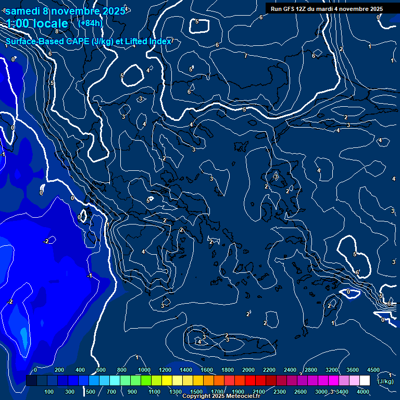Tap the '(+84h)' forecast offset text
click(x=90, y=23)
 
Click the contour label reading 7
click(x=246, y=55)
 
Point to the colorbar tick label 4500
click(x=373, y=370)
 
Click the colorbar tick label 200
click(x=59, y=370)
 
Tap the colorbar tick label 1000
click(x=144, y=370)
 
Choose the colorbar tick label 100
click(x=49, y=392)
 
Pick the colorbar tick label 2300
click(x=280, y=392)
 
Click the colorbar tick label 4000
click(x=364, y=392)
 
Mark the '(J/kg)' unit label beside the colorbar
click(x=386, y=381)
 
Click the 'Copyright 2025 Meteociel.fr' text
click(x=221, y=396)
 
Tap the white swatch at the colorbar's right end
click(x=365, y=381)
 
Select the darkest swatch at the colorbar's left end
click(x=31, y=381)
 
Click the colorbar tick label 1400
click(x=186, y=370)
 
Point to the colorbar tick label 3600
click(x=353, y=370)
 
